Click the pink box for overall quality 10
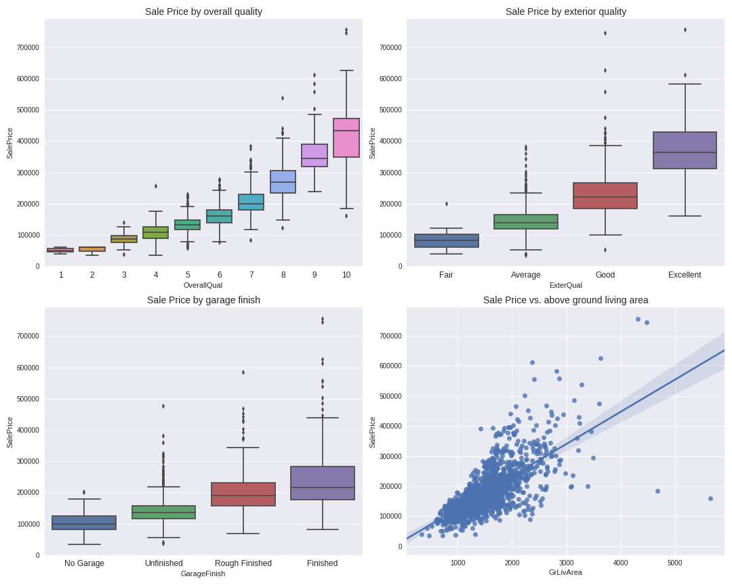tap(346, 137)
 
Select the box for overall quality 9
tap(314, 155)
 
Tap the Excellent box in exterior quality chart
tap(685, 150)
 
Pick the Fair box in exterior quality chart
tap(446, 240)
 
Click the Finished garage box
tap(323, 483)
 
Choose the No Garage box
tap(84, 523)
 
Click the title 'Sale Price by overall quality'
tap(203, 12)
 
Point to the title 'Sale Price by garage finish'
tap(203, 300)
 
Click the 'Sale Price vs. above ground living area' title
tap(565, 300)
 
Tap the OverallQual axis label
tap(203, 285)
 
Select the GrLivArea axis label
tap(565, 572)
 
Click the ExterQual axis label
tap(565, 285)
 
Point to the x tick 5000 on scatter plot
tap(674, 563)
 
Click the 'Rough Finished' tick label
tap(243, 563)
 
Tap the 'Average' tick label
tap(526, 275)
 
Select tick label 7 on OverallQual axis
tap(251, 275)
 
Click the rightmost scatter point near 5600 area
tap(710, 498)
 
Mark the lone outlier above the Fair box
tap(446, 204)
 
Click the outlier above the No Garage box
tap(84, 492)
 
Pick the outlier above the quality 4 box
tap(156, 186)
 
